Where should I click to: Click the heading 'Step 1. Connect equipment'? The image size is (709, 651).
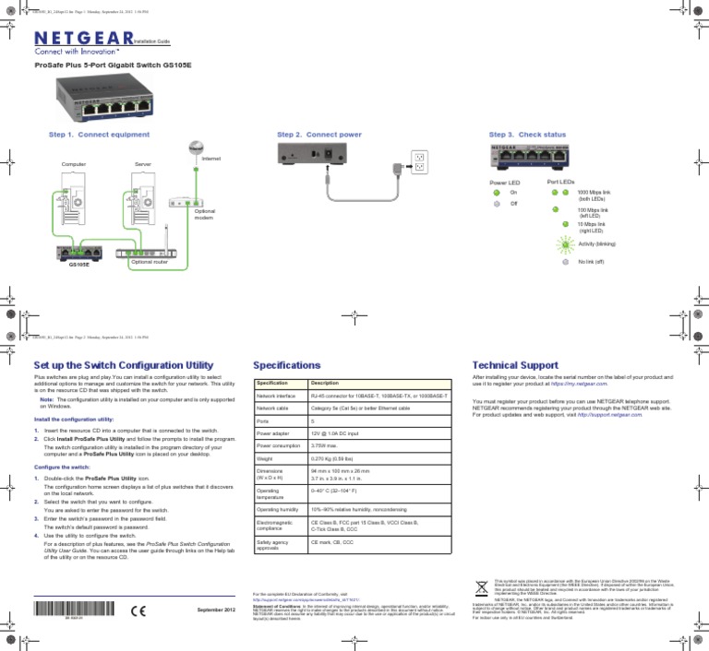[95, 134]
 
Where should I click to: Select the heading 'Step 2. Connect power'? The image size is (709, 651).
[318, 134]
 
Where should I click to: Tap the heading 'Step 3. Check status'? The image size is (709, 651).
[527, 134]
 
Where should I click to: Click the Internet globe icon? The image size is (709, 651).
[196, 148]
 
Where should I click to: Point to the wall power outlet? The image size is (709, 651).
[418, 162]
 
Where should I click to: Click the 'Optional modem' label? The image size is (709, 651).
[204, 214]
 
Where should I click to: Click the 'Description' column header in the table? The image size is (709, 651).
[327, 383]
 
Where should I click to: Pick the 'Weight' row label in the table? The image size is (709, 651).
[268, 458]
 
